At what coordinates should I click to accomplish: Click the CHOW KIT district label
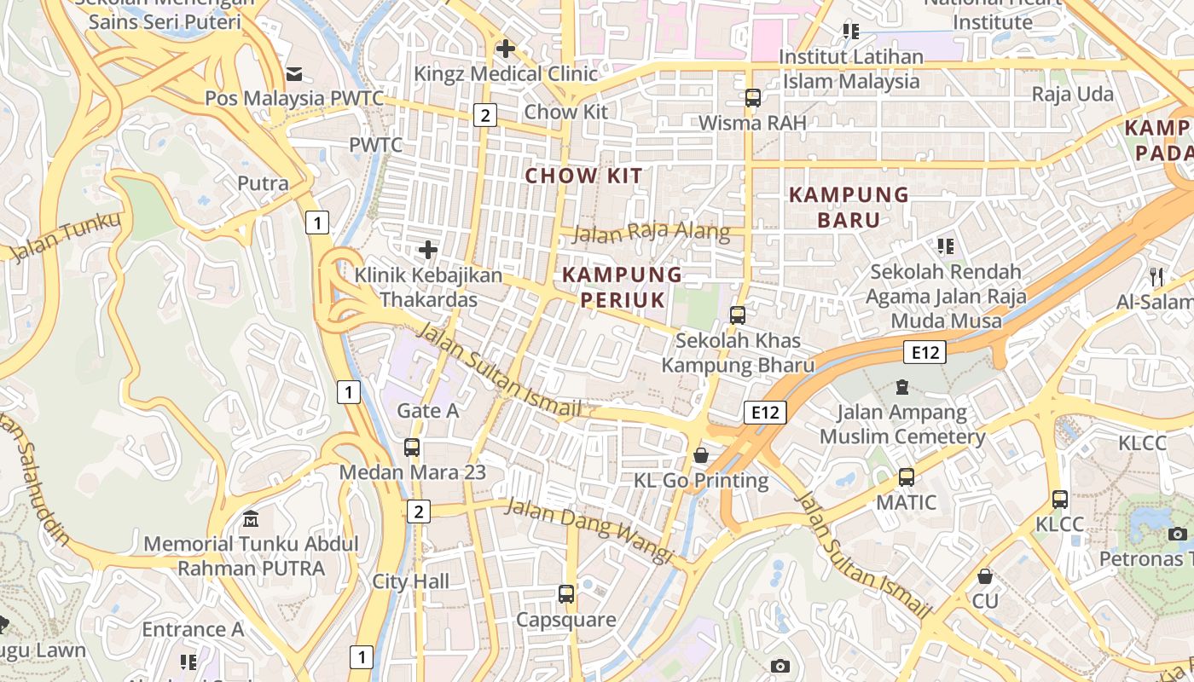pos(584,176)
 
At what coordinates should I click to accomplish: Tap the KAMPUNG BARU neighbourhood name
pos(849,207)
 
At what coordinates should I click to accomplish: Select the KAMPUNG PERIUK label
pos(623,287)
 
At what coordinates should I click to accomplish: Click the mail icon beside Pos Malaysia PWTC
pos(294,74)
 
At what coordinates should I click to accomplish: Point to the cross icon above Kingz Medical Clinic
pos(506,49)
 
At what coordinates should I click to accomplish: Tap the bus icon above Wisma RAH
pos(752,98)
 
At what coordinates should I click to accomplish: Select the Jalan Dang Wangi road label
pos(588,530)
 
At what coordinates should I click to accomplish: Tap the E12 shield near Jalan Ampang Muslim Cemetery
pos(925,352)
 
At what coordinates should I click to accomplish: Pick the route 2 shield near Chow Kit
pos(484,114)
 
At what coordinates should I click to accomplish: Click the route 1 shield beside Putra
pos(316,223)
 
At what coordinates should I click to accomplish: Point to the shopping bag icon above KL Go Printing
pos(701,455)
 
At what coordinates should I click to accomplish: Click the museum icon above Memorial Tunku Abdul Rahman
pos(251,518)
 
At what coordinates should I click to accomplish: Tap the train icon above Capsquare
pos(566,594)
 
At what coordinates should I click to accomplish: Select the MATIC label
pos(907,502)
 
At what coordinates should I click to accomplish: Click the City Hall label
pos(411,582)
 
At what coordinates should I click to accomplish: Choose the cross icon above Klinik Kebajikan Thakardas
pos(428,250)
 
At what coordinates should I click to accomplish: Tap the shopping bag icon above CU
pos(985,576)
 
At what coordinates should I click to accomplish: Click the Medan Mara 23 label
pos(412,471)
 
